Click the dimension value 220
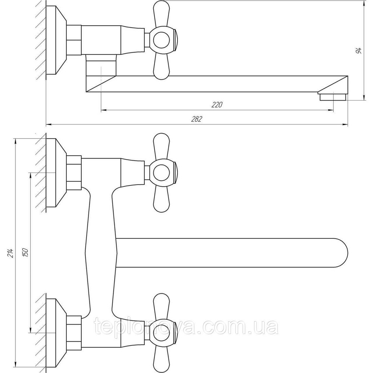(x=217, y=105)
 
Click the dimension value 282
(x=197, y=119)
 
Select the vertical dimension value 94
(x=359, y=50)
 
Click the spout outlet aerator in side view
(x=333, y=97)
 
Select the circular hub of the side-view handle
(x=161, y=40)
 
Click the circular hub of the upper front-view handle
(x=161, y=173)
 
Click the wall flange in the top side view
(x=56, y=40)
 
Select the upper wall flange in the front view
(x=56, y=173)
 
